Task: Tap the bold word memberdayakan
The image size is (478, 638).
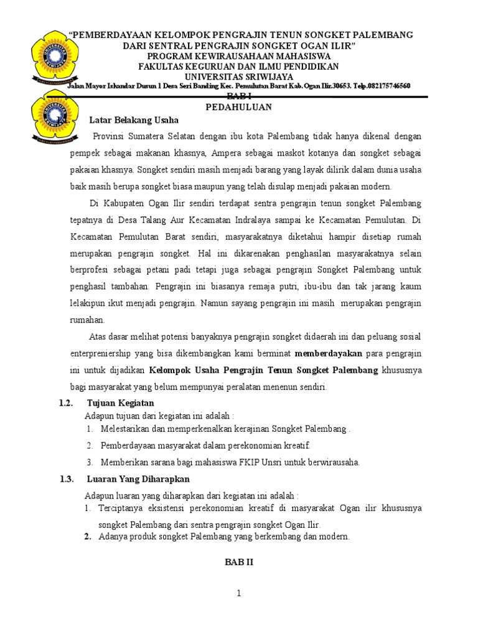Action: (328, 353)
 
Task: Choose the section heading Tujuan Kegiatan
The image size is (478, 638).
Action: (120, 404)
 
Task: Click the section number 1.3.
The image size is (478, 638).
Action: (67, 478)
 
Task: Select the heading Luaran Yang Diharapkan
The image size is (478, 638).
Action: (138, 478)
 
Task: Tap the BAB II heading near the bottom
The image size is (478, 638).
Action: (238, 561)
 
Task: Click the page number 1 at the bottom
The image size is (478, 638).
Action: (238, 594)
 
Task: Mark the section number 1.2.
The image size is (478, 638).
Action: (67, 404)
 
